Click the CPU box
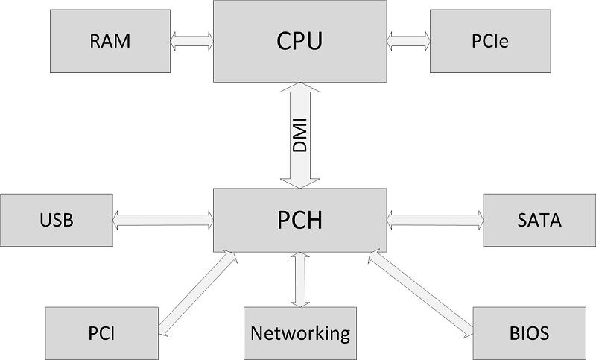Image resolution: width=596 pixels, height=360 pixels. click(300, 41)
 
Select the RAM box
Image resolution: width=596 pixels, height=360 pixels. click(110, 41)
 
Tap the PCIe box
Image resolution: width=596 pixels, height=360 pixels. click(490, 41)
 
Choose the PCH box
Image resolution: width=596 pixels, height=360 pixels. click(300, 220)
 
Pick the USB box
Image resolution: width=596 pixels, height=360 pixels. click(57, 220)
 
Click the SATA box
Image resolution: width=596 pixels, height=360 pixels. click(539, 220)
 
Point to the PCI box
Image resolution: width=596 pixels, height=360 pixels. click(101, 333)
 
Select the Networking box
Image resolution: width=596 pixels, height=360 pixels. click(300, 333)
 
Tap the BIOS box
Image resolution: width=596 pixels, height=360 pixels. click(529, 333)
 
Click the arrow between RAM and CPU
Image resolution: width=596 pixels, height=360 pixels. click(191, 41)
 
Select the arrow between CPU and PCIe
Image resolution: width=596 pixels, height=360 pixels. click(408, 41)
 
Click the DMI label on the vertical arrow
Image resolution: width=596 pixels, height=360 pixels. click(300, 136)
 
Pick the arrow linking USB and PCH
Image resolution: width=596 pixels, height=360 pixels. click(163, 220)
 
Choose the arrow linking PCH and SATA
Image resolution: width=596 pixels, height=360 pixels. click(435, 220)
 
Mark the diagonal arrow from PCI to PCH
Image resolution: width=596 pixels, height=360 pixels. click(197, 293)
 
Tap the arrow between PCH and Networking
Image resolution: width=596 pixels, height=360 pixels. click(300, 280)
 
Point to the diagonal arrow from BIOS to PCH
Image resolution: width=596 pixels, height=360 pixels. click(421, 293)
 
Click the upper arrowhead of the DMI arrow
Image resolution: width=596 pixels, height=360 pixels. click(300, 87)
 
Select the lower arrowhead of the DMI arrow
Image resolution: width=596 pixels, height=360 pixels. click(300, 183)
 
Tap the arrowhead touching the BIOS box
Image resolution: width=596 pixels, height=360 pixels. click(469, 332)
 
